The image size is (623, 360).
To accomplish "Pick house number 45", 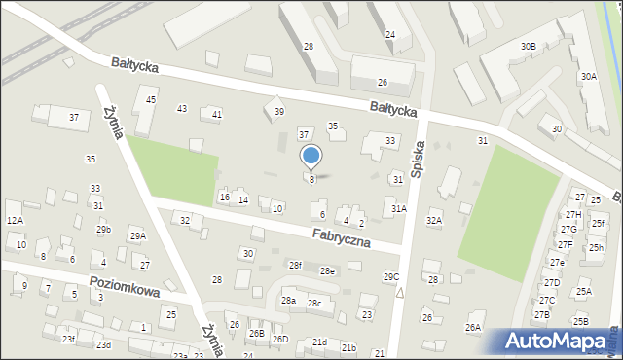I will click(x=151, y=100).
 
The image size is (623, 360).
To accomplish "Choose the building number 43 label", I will click(x=181, y=108).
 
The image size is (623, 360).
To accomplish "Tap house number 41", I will click(x=216, y=115).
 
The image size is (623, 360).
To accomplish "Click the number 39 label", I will click(x=278, y=112).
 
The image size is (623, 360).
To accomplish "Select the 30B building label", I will click(x=528, y=46).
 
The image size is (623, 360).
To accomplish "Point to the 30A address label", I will click(x=588, y=76).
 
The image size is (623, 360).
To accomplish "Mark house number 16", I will click(x=224, y=198).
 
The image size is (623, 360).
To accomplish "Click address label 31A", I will click(x=399, y=208).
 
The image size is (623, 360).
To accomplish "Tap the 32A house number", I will click(x=434, y=221).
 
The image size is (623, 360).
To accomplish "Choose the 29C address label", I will click(x=391, y=277).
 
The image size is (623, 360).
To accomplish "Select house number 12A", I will click(x=15, y=221).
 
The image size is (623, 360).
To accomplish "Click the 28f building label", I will click(x=295, y=265).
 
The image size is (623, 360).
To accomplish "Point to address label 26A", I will click(x=473, y=328).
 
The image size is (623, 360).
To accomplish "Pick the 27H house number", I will click(x=573, y=215).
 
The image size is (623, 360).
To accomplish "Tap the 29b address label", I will click(x=103, y=230).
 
